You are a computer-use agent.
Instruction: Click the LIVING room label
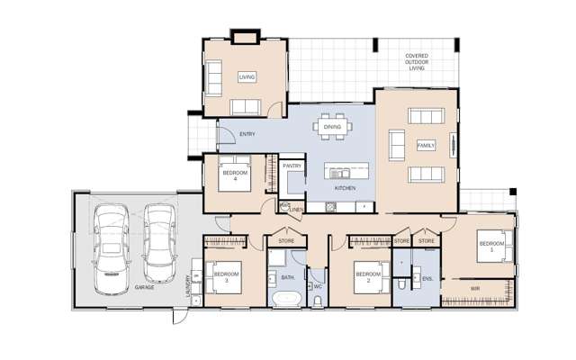pyautogui.click(x=247, y=77)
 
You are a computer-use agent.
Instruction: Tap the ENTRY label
pyautogui.click(x=247, y=135)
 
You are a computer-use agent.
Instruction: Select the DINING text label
pyautogui.click(x=332, y=128)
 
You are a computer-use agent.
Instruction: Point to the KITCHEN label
pyautogui.click(x=345, y=188)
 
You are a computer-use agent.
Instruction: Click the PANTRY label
pyautogui.click(x=292, y=166)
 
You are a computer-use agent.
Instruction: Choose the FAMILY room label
pyautogui.click(x=426, y=145)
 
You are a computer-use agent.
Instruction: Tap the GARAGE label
pyautogui.click(x=144, y=287)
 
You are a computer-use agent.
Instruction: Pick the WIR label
pyautogui.click(x=474, y=288)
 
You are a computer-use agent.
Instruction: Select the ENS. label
pyautogui.click(x=427, y=279)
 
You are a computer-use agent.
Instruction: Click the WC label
pyautogui.click(x=318, y=286)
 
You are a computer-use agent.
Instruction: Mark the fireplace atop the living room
pyautogui.click(x=244, y=38)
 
